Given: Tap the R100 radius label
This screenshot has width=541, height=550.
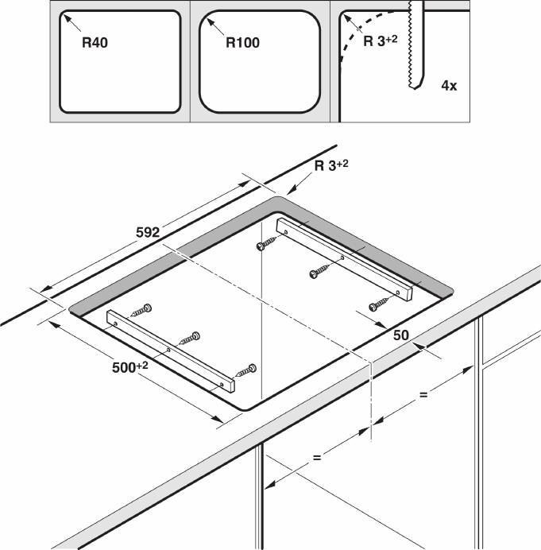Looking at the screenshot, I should (242, 42).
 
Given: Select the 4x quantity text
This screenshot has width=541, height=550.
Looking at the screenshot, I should (449, 84).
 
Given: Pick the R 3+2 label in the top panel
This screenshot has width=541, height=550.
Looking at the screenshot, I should (379, 41).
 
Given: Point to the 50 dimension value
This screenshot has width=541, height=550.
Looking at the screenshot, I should (400, 335).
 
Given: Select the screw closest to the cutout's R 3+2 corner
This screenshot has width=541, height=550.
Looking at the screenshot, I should (265, 246).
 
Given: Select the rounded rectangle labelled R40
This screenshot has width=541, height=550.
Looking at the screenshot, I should (118, 60).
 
